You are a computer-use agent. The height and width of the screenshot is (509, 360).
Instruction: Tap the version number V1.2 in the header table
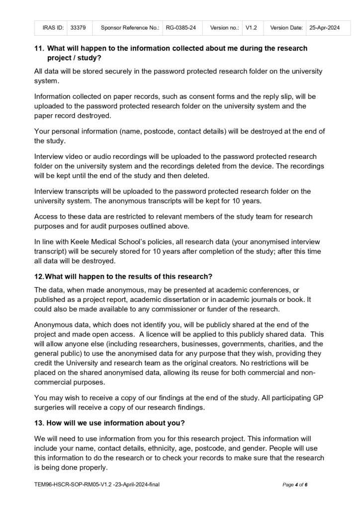click(251, 28)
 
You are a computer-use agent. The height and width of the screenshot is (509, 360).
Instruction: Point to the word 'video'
click(81, 156)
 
